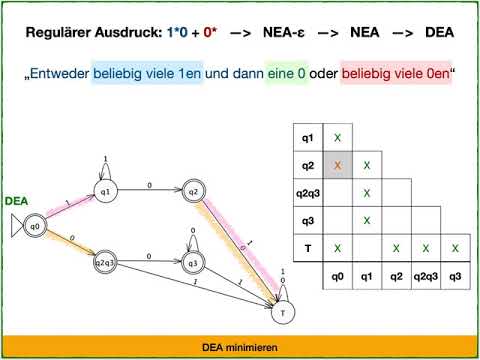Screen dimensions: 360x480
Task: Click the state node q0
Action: (x=35, y=226)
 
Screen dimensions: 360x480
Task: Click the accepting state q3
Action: (x=193, y=262)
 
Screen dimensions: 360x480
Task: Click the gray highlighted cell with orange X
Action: (x=338, y=164)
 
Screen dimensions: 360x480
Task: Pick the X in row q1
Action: (x=338, y=136)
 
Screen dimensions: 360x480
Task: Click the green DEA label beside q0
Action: (x=16, y=201)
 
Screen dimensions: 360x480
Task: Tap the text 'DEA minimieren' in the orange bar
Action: (x=240, y=346)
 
